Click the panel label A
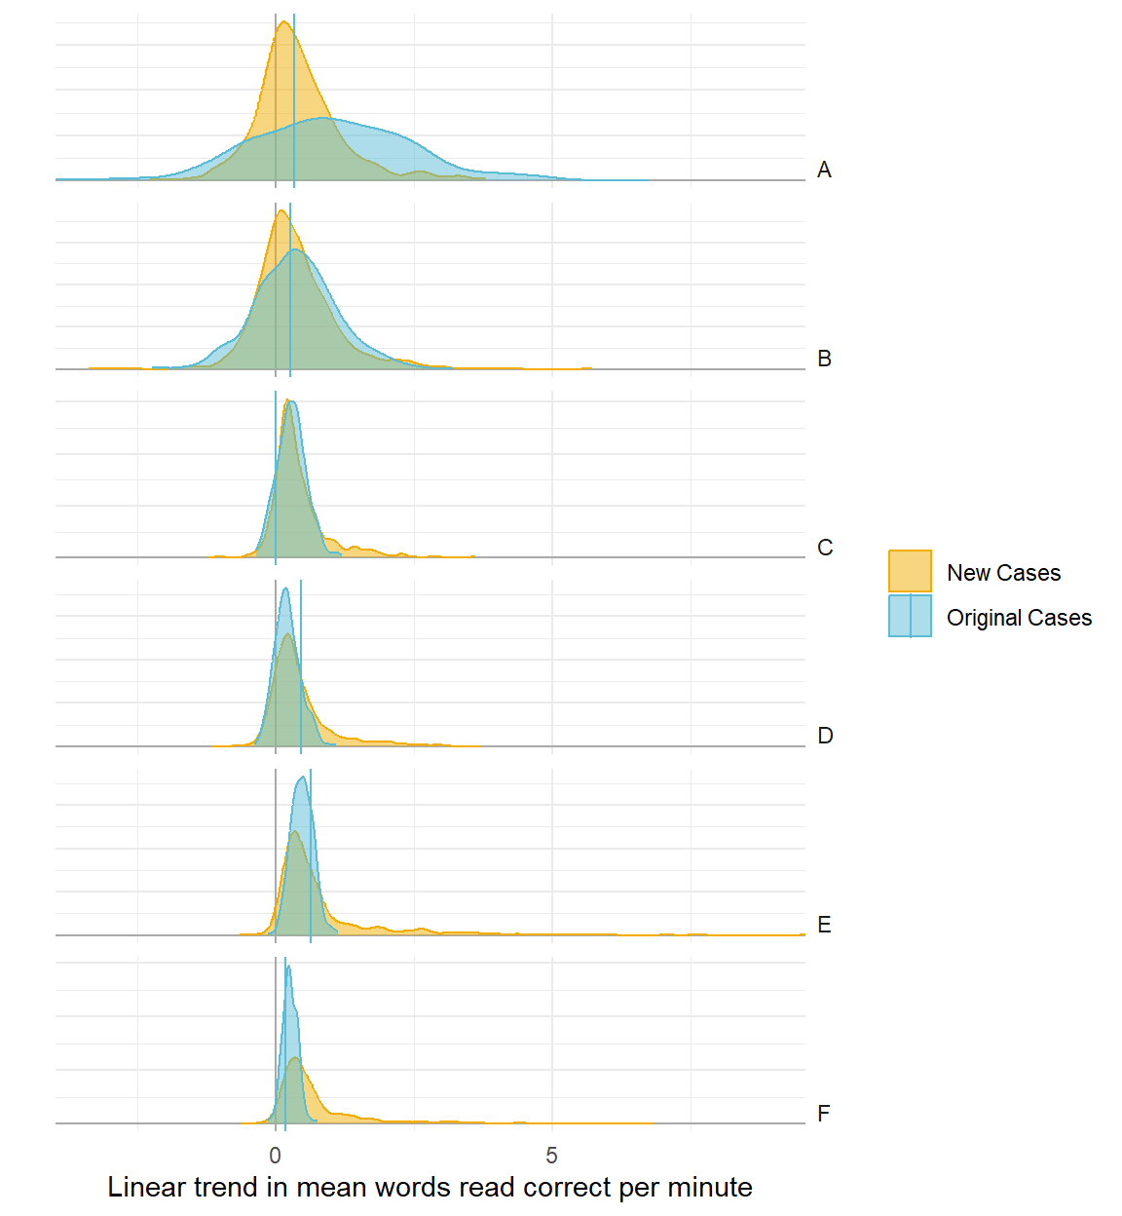click(824, 171)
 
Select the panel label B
click(824, 360)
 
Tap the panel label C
click(825, 548)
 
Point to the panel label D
click(825, 736)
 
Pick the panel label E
click(824, 925)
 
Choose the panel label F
click(824, 1114)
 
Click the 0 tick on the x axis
click(276, 1156)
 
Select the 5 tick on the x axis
click(551, 1156)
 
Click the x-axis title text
click(430, 1187)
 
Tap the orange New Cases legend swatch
click(910, 572)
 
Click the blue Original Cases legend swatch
click(910, 617)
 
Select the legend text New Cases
click(1003, 573)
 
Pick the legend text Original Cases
click(1019, 618)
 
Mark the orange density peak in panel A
click(283, 23)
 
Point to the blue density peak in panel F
click(288, 967)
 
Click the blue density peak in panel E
click(302, 778)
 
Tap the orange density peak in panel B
click(281, 211)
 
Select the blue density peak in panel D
click(284, 589)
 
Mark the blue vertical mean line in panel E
click(311, 857)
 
